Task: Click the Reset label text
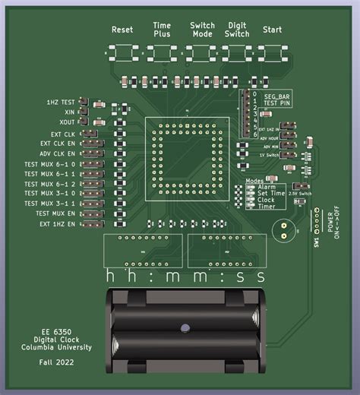[122, 30]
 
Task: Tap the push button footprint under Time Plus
[162, 54]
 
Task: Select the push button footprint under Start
[272, 54]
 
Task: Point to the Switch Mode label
[203, 30]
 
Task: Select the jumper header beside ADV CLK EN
[91, 153]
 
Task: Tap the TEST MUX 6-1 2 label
[50, 184]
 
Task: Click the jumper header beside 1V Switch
[288, 155]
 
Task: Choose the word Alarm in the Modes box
[267, 187]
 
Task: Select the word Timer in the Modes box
[266, 205]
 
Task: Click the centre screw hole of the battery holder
[184, 328]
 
